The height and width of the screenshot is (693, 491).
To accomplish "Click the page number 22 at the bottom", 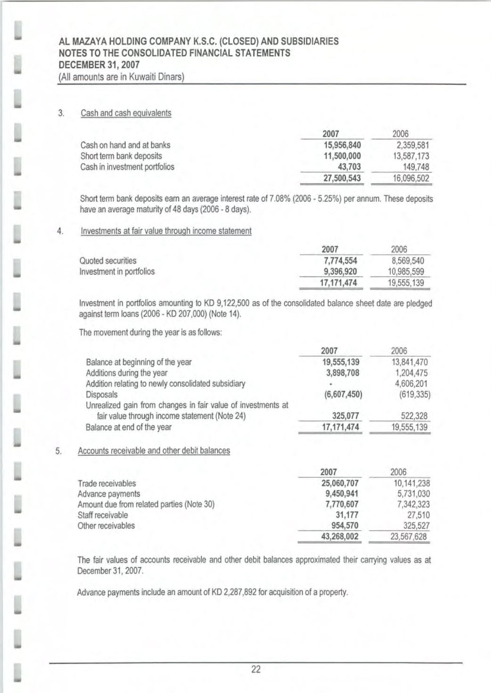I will (x=256, y=669).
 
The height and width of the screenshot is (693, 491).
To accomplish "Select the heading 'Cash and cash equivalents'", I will (x=126, y=113).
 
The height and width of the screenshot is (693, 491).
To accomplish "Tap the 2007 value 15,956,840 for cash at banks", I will (x=342, y=145).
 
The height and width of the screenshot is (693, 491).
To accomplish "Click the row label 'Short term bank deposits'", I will (x=121, y=156).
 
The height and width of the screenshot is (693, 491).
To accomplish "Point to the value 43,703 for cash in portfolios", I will (x=350, y=167).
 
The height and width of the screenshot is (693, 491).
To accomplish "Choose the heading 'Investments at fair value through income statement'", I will (x=166, y=231).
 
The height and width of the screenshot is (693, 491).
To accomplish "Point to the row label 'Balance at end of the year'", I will (x=128, y=427).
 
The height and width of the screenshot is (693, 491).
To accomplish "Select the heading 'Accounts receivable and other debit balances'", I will (x=154, y=451).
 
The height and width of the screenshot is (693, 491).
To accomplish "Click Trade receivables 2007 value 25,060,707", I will (x=340, y=483).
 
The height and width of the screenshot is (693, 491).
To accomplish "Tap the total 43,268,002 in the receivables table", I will (x=340, y=537).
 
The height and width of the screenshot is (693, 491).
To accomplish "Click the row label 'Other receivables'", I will (x=106, y=526).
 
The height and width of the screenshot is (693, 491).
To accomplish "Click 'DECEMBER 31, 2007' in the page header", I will (x=99, y=65).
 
